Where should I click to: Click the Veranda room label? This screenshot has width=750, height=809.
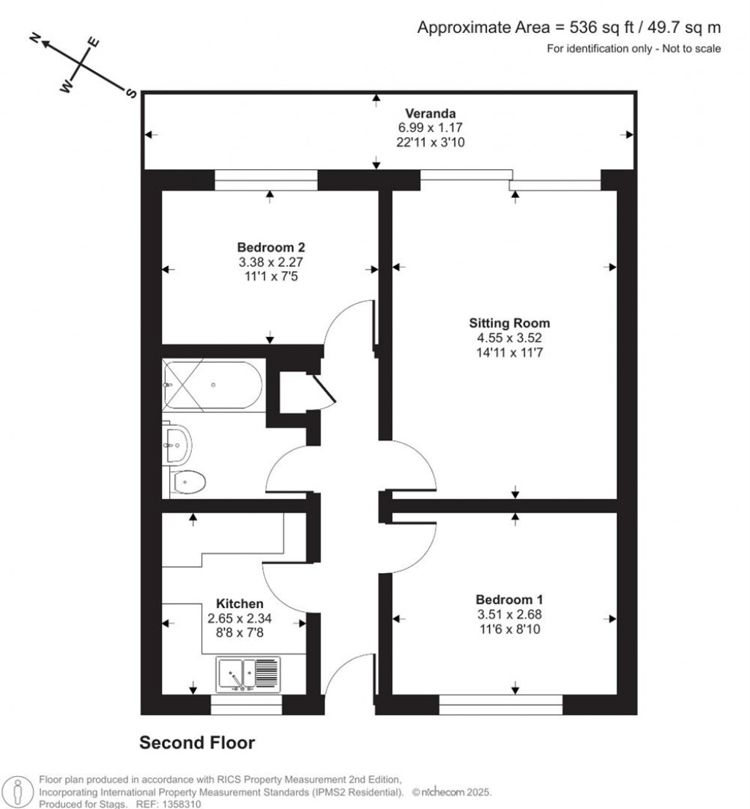click(x=431, y=113)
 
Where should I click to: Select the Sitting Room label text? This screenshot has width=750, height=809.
click(x=509, y=322)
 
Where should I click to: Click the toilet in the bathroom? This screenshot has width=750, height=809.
click(x=188, y=481)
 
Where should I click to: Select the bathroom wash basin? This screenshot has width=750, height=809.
click(x=178, y=444)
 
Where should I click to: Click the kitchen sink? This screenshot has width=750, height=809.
click(x=248, y=673)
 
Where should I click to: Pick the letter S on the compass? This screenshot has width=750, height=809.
click(x=132, y=93)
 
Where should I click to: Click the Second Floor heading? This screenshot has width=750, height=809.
click(x=197, y=743)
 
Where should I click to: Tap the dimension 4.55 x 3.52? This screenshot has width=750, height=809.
click(x=509, y=338)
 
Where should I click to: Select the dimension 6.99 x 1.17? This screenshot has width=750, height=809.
click(x=431, y=127)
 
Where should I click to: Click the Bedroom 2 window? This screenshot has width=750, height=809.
click(x=266, y=180)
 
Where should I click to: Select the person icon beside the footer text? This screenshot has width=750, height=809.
click(x=15, y=791)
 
